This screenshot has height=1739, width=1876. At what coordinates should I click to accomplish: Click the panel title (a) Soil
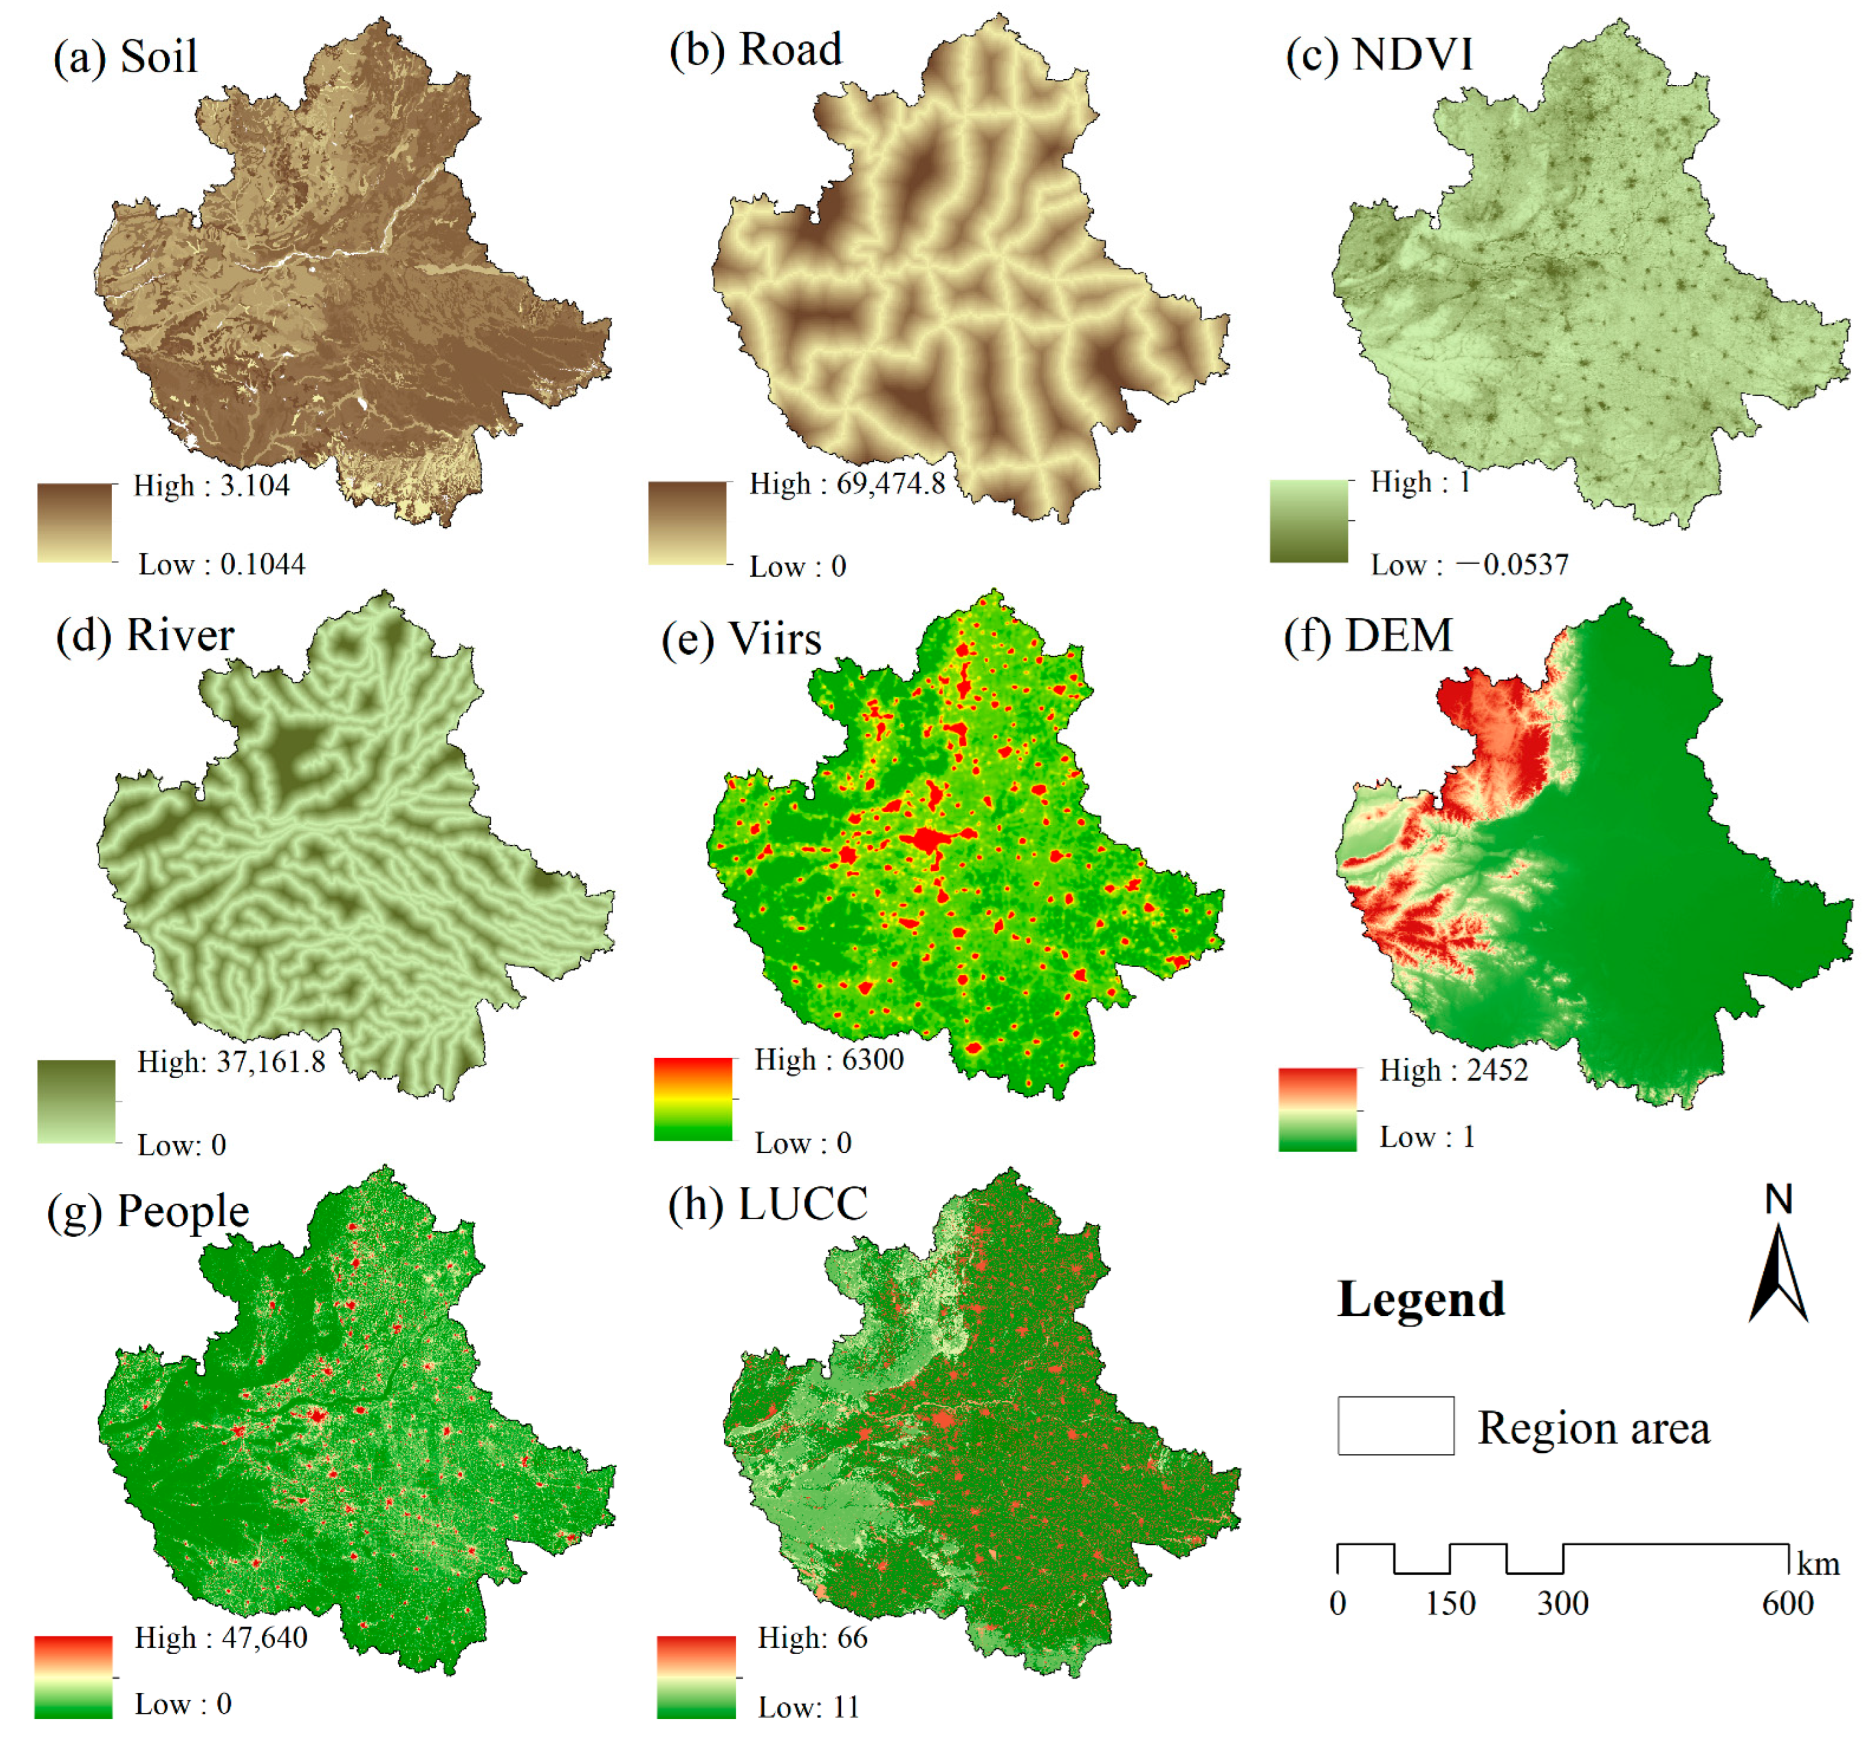point(125,57)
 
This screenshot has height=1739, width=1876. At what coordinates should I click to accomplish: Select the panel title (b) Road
point(755,50)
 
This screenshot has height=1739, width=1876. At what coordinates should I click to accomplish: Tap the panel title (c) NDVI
point(1378,54)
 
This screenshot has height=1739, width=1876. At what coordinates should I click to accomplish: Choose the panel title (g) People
point(149,1211)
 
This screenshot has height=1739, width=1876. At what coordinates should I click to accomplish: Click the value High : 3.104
point(211,486)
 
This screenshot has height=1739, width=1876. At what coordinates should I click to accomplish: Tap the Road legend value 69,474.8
point(890,484)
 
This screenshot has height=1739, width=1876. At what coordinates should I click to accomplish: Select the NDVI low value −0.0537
point(1511,565)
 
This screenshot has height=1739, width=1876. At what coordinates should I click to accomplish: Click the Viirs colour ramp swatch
point(692,1099)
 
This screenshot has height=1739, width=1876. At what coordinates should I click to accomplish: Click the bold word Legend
point(1421,1300)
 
